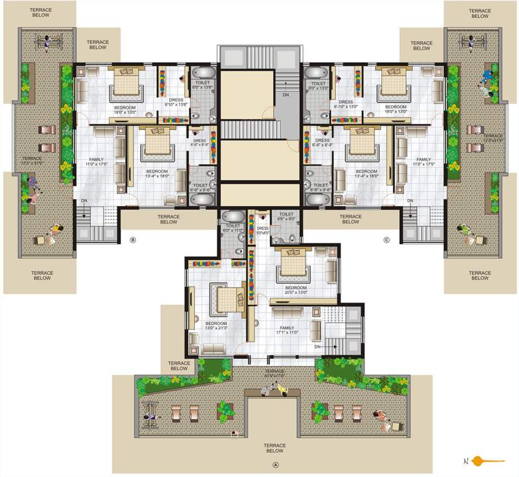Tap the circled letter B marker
coord(132,240)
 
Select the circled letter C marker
coord(386,240)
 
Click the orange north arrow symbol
coord(485,461)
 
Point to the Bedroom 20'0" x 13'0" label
coord(296,290)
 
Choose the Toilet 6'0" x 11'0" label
coord(233,229)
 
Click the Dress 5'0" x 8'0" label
coord(263,230)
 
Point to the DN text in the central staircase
coord(285,95)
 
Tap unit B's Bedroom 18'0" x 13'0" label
coord(125,110)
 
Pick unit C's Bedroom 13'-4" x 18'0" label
coord(366,173)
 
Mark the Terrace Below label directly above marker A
coord(274,448)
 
